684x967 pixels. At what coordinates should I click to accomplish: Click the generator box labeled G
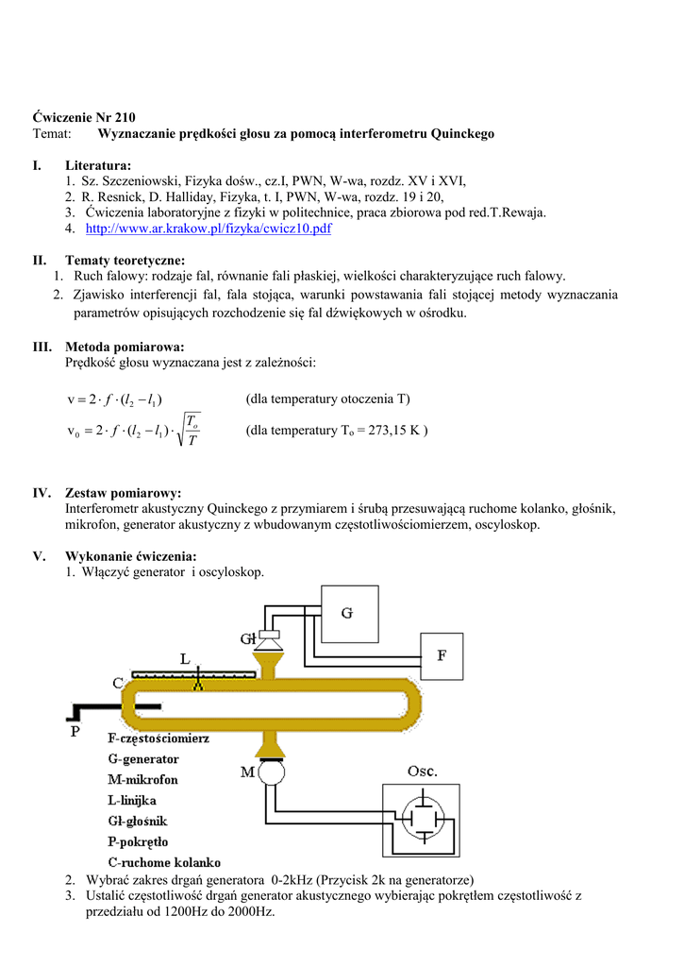(347, 614)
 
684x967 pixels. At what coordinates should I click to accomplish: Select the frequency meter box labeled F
(442, 653)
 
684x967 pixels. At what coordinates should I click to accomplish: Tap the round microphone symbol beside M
(273, 772)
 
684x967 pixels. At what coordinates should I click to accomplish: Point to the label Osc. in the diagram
(422, 772)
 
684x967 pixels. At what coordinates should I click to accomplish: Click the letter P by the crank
(75, 731)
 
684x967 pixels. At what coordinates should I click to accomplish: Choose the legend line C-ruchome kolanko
(164, 862)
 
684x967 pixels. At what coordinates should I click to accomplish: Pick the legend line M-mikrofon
(142, 779)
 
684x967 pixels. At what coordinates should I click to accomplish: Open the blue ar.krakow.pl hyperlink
(209, 229)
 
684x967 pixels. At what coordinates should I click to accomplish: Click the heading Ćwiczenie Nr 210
(84, 118)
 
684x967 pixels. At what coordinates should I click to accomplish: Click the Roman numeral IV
(42, 493)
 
